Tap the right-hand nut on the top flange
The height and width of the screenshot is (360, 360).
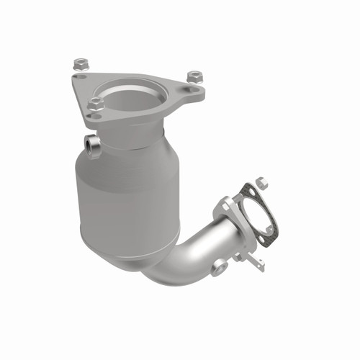click(x=193, y=76)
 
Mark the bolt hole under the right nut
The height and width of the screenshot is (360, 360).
click(x=189, y=89)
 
